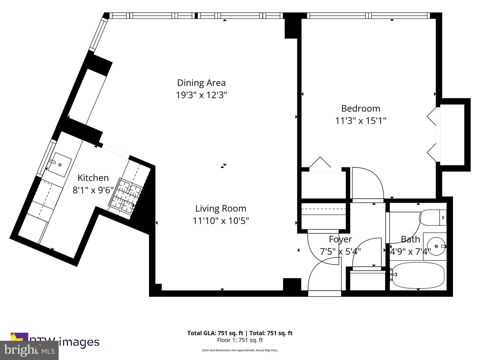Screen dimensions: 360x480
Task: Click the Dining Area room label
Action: [201, 83]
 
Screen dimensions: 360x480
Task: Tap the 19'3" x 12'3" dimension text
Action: [201, 95]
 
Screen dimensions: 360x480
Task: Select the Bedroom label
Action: [360, 108]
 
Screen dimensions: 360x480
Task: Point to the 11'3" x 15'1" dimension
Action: [360, 120]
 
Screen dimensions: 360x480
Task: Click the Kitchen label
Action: [93, 178]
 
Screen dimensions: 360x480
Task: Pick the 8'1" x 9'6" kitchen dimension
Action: [93, 190]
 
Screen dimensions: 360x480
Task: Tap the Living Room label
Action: [220, 208]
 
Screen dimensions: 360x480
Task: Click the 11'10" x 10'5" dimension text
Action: [220, 221]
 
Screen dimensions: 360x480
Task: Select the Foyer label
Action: [340, 239]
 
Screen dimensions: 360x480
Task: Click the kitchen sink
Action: [60, 165]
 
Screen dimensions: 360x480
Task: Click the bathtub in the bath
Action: [418, 275]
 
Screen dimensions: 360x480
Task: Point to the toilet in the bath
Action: [433, 217]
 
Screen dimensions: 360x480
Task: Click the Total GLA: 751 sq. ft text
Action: [216, 333]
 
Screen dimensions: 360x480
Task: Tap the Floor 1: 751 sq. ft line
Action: [240, 340]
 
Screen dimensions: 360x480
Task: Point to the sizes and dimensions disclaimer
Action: [240, 350]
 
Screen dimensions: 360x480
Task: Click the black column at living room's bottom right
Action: [292, 284]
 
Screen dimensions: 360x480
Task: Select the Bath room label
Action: [410, 239]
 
